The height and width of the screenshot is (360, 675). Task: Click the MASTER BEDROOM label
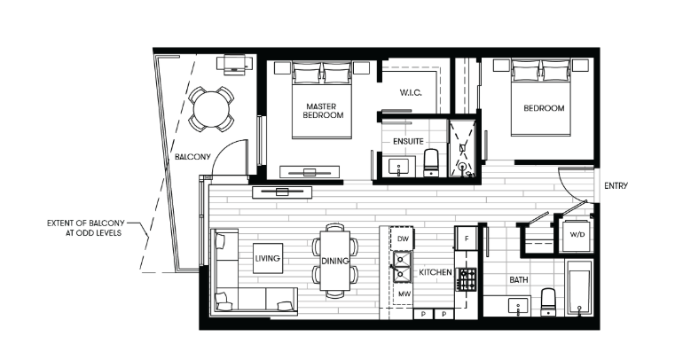coord(323,111)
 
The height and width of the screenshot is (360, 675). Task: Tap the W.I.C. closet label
coord(411,92)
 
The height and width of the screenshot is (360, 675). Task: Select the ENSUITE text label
coord(408,141)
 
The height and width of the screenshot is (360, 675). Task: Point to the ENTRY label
coord(616,186)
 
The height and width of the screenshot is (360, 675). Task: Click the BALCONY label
coord(192,157)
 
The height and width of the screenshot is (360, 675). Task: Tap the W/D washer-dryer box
coord(577,235)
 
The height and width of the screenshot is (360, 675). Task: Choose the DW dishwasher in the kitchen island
coord(403,239)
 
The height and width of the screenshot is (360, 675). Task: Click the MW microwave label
coord(404,294)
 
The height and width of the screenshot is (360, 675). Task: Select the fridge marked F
coord(467,238)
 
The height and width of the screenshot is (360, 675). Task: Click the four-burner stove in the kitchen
coord(467,278)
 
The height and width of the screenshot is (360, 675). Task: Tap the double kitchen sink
coord(402,267)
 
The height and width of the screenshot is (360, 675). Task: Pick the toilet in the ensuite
coord(431,162)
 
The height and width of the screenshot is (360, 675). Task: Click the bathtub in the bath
coord(579,287)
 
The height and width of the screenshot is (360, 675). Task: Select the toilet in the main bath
coord(548,302)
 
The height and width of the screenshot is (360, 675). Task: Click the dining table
coord(335,261)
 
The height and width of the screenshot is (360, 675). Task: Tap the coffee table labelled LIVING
coord(268,258)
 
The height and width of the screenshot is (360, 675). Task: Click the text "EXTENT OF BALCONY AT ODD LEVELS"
coord(86,228)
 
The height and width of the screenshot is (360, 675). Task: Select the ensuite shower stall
coord(462,148)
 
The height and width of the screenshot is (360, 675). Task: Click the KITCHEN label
coord(436,272)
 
